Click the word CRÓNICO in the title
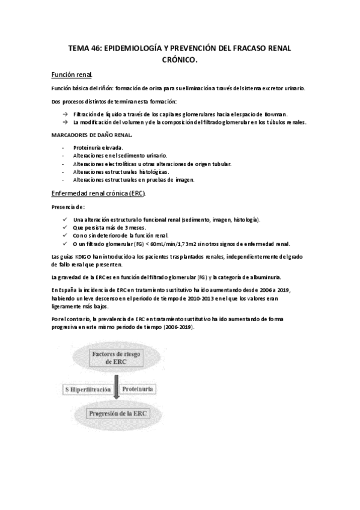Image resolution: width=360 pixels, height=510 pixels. pos(180,60)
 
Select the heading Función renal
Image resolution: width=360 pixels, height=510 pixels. pos(72,75)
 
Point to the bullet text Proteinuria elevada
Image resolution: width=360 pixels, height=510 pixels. pos(98,147)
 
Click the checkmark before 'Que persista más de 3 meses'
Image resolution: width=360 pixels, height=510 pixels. pos(65,228)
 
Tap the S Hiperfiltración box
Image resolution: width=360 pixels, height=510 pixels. pos(88,390)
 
